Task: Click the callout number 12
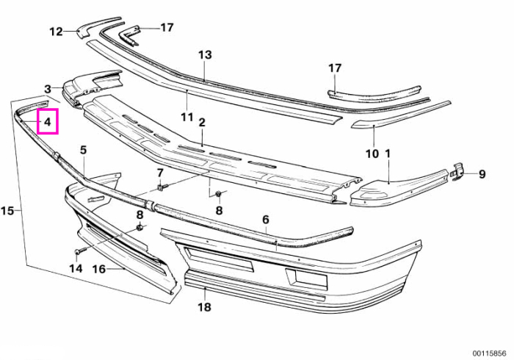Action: tap(56, 32)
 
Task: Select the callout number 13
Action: tap(205, 55)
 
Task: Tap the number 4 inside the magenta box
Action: tap(48, 122)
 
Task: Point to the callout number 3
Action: tap(48, 89)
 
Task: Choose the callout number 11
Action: tap(187, 117)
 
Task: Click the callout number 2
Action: tap(202, 123)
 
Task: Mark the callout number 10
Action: tap(372, 154)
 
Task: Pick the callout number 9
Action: tap(482, 174)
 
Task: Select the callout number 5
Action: tap(84, 150)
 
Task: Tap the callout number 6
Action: tap(266, 220)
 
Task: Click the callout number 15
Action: tap(7, 211)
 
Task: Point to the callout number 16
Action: tap(99, 269)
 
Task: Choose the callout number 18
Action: tap(204, 307)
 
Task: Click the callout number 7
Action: tap(160, 173)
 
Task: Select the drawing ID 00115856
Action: tap(490, 353)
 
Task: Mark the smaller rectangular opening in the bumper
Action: tap(306, 278)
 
